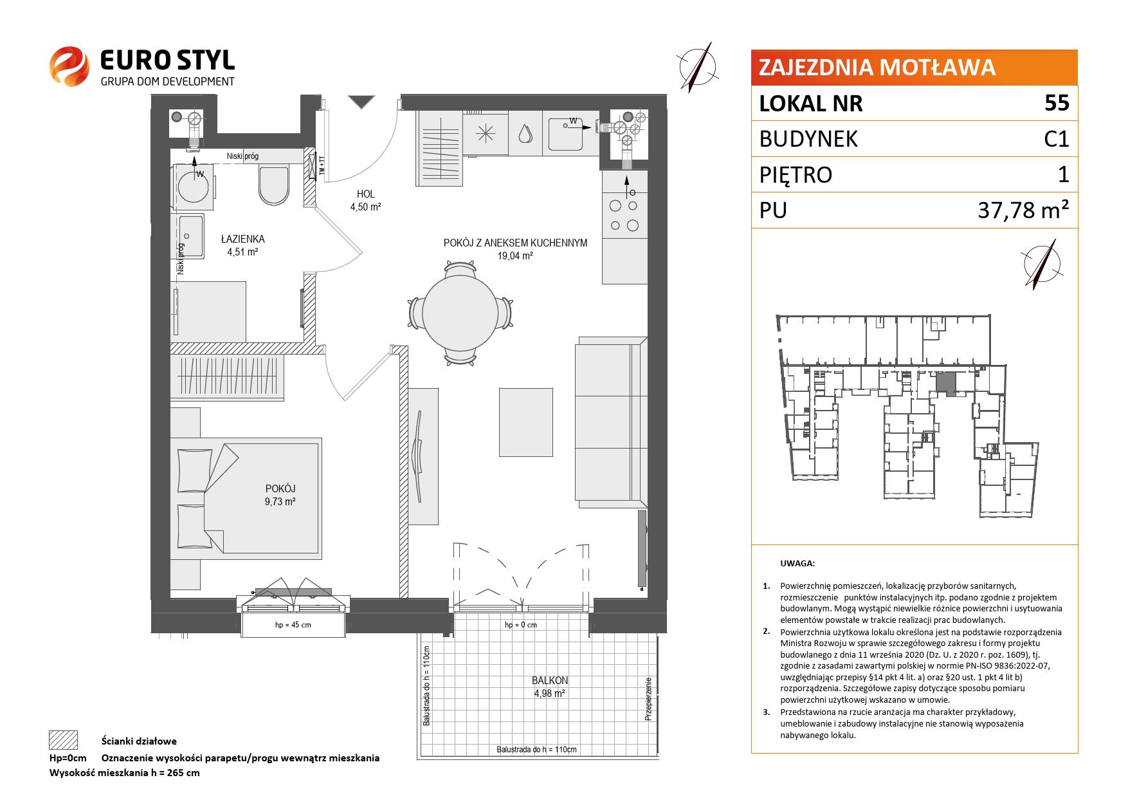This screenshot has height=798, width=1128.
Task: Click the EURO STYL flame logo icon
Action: pyautogui.click(x=69, y=66)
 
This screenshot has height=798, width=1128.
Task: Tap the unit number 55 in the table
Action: pyautogui.click(x=1057, y=103)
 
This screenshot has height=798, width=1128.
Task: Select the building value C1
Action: pyautogui.click(x=1057, y=139)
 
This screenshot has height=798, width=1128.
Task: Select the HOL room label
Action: pyautogui.click(x=365, y=194)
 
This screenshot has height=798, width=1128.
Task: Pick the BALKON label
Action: pyautogui.click(x=550, y=680)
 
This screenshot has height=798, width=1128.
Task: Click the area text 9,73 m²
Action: pyautogui.click(x=279, y=501)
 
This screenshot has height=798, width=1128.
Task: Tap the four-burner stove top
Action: pyautogui.click(x=624, y=215)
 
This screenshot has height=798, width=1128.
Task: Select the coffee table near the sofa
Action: pyautogui.click(x=526, y=422)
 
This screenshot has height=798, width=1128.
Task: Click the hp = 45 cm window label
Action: pyautogui.click(x=293, y=625)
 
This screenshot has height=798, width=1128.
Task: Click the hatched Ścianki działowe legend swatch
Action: pyautogui.click(x=63, y=740)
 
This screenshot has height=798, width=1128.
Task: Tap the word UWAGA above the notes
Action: pyautogui.click(x=797, y=563)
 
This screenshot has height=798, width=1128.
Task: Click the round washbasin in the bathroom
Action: pyautogui.click(x=192, y=188)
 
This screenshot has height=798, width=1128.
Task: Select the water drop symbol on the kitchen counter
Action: pyautogui.click(x=525, y=133)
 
